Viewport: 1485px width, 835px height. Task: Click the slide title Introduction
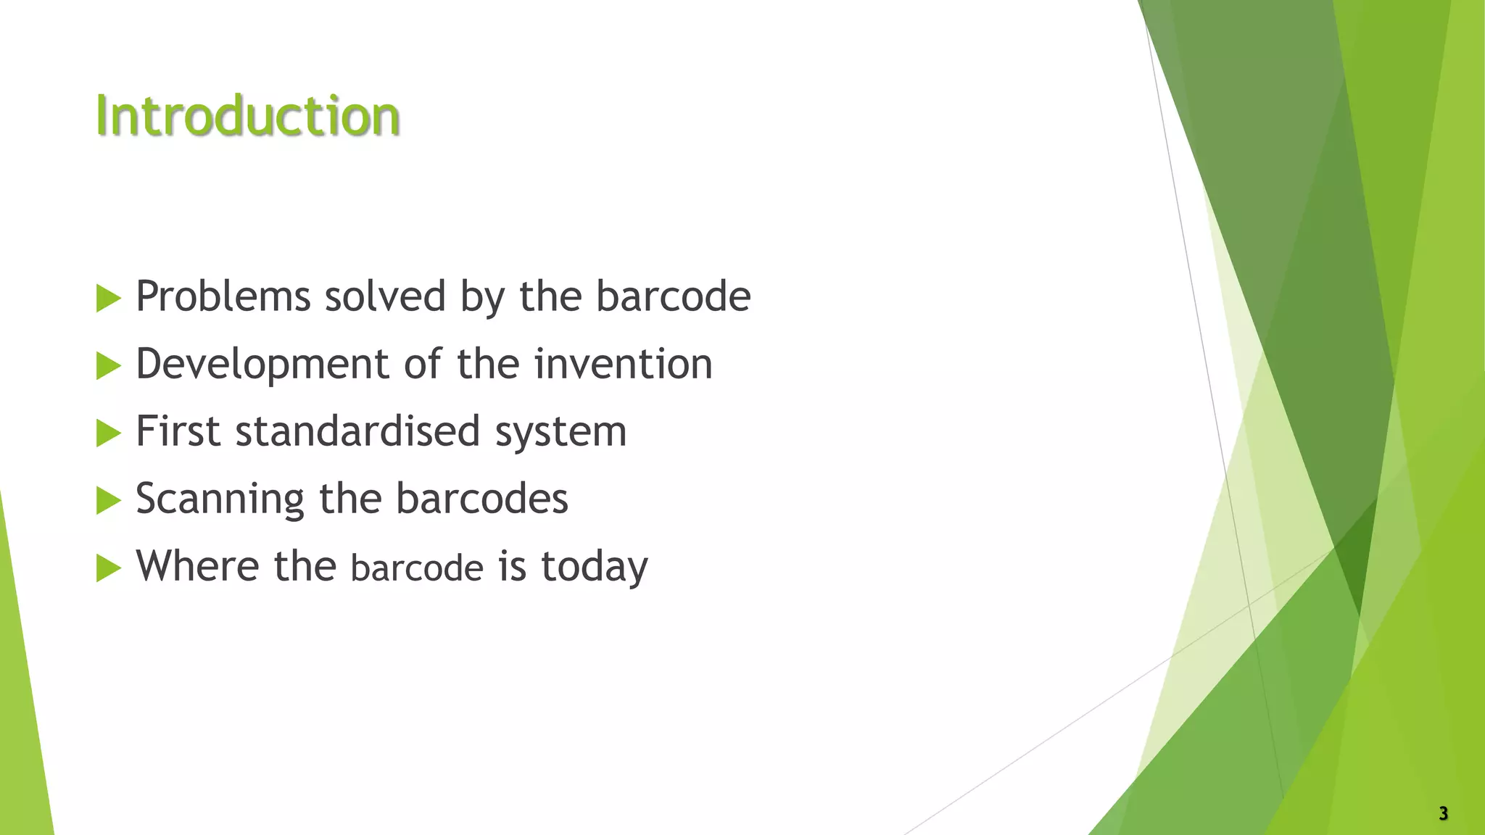247,116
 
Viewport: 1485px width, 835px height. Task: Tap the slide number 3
1443,813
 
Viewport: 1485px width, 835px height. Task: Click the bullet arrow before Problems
108,298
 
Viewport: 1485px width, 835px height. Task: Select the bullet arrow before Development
108,365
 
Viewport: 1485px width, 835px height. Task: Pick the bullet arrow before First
108,433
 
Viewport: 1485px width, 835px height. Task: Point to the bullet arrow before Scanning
108,500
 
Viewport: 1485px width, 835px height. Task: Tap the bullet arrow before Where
108,568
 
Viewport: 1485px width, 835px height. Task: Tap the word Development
262,364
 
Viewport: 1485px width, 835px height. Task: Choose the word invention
624,364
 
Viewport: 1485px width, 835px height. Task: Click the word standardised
358,431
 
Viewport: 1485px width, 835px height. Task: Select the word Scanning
220,499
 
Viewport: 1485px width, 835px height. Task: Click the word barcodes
481,499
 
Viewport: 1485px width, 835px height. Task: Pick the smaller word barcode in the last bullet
417,568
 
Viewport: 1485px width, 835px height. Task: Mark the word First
178,431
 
